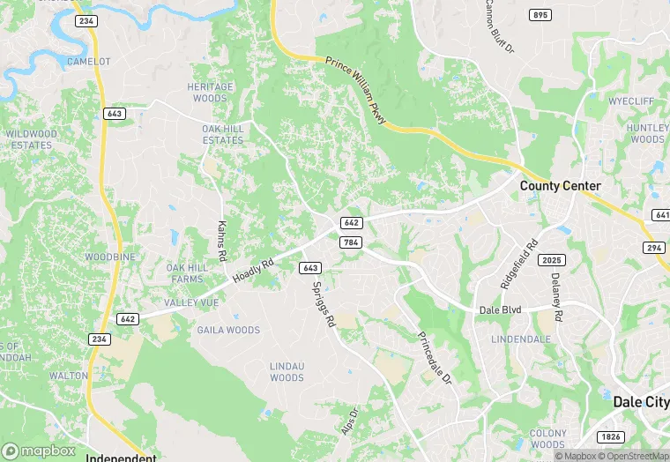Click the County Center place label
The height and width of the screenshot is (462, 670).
point(560,186)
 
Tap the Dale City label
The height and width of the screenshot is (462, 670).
point(640,401)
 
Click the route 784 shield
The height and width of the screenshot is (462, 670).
point(351,242)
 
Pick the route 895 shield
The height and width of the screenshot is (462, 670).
point(540,15)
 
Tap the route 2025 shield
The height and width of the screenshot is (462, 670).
point(552,260)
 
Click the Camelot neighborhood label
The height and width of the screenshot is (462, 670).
point(89,61)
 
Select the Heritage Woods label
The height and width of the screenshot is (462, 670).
point(211,93)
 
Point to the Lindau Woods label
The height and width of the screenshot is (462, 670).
point(287,371)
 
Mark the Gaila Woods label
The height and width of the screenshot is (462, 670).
point(229,331)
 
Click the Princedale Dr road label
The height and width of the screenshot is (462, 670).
point(434,357)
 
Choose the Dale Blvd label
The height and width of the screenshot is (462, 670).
point(501,310)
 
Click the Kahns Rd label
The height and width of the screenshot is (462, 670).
point(222,238)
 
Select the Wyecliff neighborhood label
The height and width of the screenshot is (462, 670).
point(631,101)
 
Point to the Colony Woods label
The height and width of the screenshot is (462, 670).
point(547,438)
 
